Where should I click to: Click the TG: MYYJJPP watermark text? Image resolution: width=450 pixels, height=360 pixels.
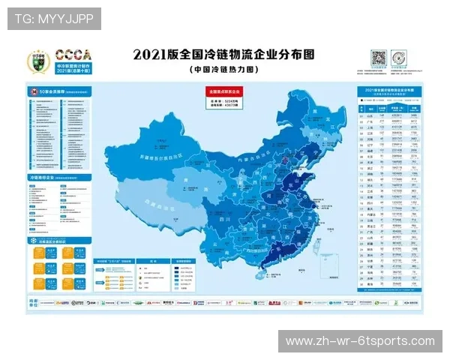(x=53, y=17)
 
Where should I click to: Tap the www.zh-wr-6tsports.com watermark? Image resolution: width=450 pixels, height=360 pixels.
(x=360, y=341)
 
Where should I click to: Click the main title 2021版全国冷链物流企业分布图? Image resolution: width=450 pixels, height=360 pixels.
(x=223, y=55)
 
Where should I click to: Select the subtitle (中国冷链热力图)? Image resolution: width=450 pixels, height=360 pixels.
(x=223, y=69)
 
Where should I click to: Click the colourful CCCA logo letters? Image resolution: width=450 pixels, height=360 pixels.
(x=73, y=55)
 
